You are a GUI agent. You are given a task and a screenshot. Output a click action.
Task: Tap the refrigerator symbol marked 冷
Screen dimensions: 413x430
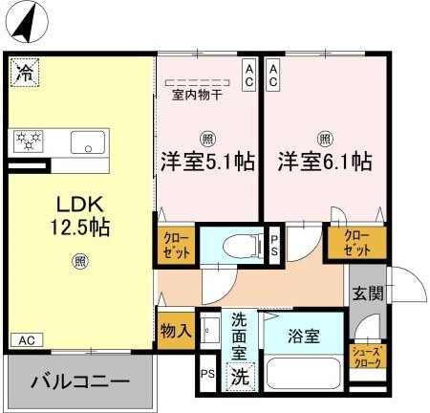pos(26,71)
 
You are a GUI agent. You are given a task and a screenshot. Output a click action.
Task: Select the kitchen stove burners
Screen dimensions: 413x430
pos(30,141)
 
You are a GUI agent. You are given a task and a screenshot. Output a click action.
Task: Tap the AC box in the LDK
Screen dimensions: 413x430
pos(26,338)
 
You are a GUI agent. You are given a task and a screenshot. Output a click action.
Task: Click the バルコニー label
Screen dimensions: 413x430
pos(80,380)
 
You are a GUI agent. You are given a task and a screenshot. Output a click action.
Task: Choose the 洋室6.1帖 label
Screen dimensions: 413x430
pos(325,162)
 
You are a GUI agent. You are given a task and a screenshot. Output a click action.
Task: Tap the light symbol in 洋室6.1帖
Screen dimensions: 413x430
pos(325,137)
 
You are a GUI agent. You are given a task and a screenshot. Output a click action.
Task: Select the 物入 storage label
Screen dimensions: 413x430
pos(176,330)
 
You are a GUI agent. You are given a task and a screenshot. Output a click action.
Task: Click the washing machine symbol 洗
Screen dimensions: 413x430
pos(241,377)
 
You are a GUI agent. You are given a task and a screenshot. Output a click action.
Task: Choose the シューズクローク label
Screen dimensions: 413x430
pos(368,356)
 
